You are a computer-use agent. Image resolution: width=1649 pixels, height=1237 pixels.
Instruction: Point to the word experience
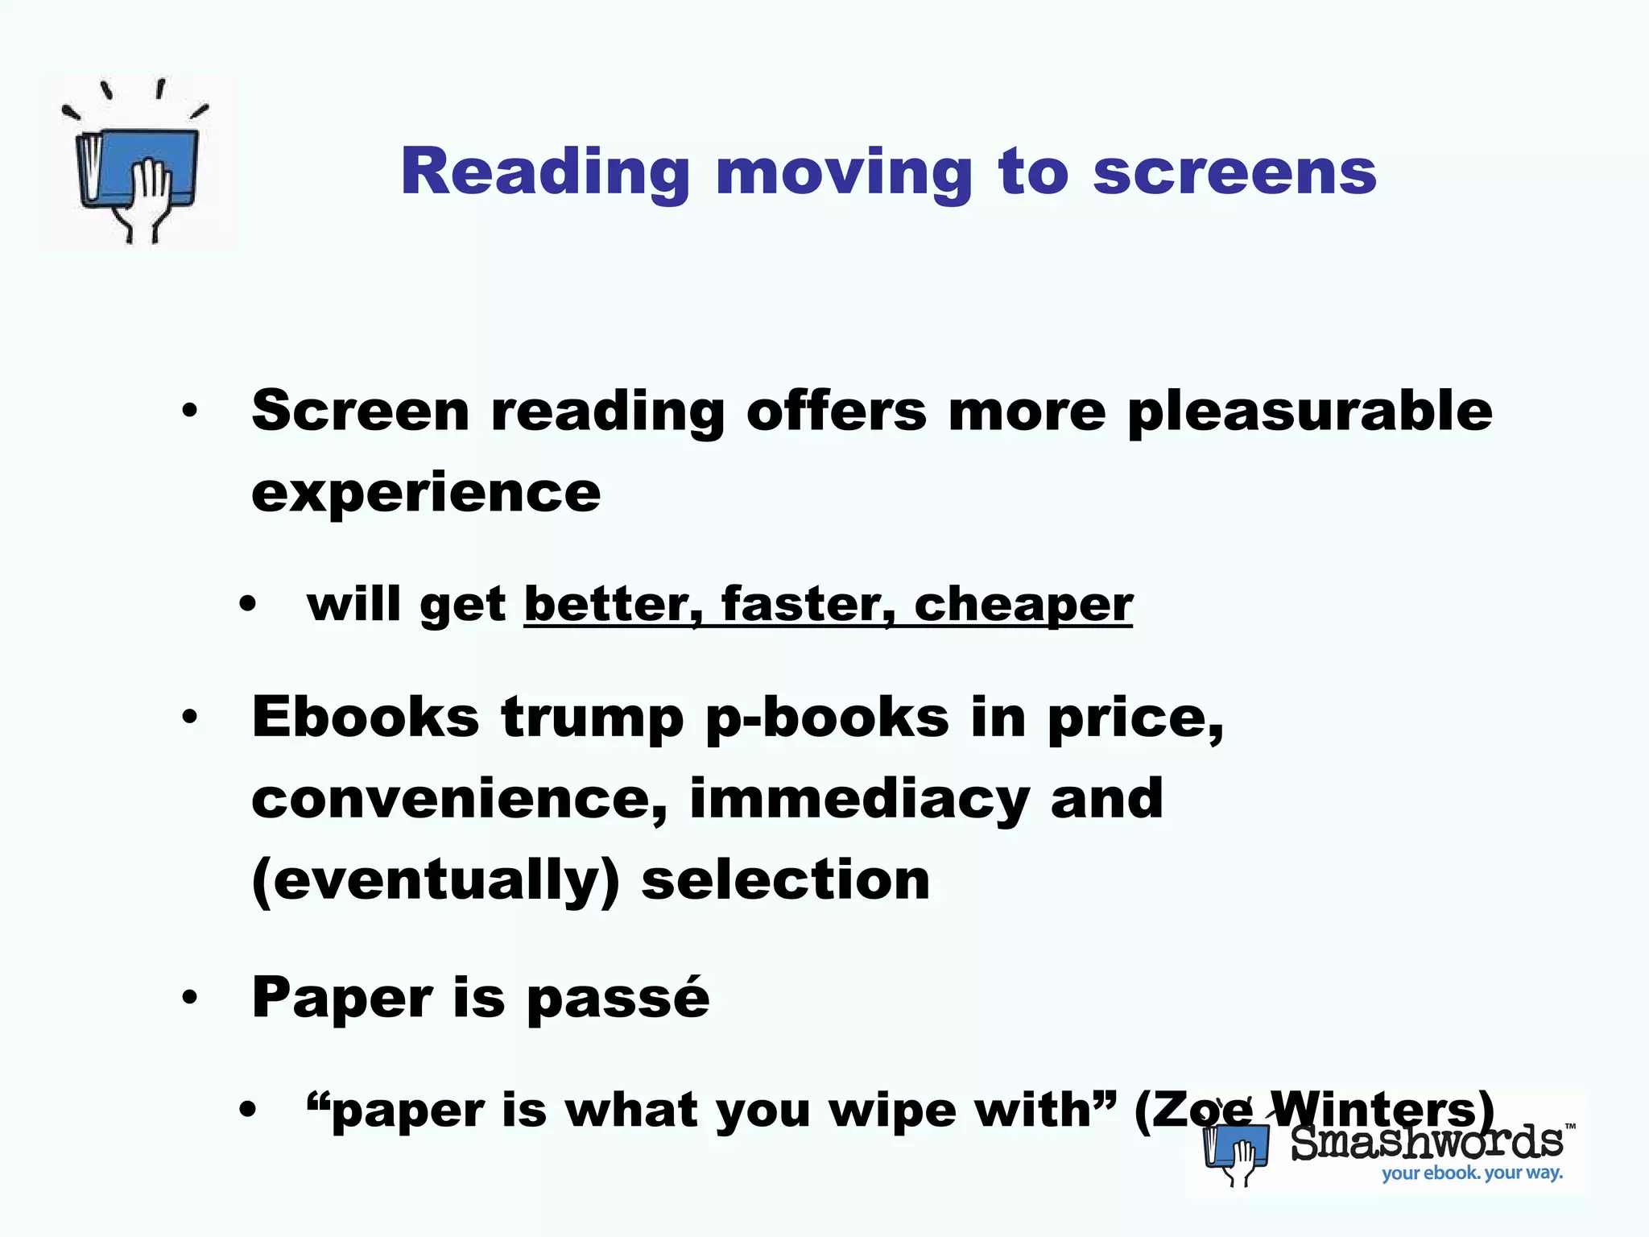coord(426,493)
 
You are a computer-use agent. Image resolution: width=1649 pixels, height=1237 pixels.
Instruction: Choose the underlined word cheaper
coord(1023,606)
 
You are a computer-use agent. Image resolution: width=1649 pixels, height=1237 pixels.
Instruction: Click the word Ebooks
coord(366,717)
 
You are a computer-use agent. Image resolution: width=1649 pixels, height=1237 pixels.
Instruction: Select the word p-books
coord(827,718)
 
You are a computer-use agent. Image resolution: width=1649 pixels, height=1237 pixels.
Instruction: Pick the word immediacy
coord(859,800)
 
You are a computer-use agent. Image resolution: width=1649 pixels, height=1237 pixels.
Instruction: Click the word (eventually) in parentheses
coord(436,881)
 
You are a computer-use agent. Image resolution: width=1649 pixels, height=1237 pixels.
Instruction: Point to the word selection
coord(786,879)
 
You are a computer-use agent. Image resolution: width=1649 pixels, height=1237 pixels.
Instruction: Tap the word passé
coord(618,999)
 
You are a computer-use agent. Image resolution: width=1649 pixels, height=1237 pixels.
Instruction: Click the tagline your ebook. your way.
coord(1472,1173)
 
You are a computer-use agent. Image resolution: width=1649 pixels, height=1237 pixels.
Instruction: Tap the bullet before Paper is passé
coord(190,999)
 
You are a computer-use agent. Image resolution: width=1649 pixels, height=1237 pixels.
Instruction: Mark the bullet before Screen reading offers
coord(190,412)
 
